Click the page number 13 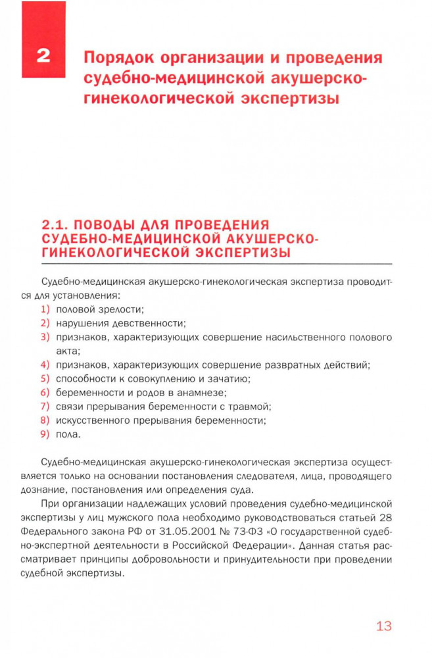click(384, 626)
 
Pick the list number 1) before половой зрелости click(45, 309)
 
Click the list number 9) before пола click(45, 434)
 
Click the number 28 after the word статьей click(385, 518)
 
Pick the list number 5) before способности click(45, 378)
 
